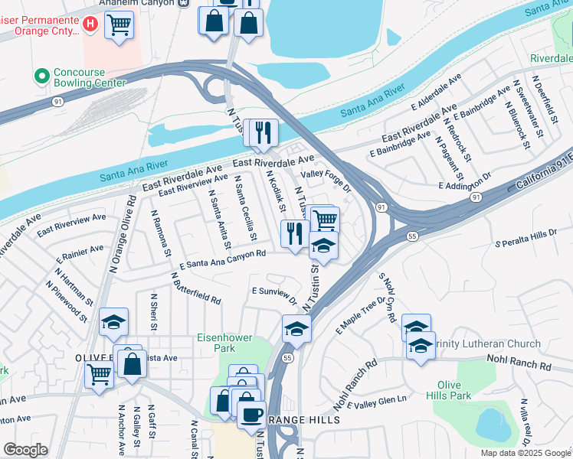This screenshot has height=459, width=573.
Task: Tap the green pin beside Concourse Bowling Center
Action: point(41,76)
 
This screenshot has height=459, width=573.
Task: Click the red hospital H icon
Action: point(90,25)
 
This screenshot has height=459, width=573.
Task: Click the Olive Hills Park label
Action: point(453,390)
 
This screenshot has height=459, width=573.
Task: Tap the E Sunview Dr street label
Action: point(274,294)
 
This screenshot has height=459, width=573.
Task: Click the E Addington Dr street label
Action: point(464,184)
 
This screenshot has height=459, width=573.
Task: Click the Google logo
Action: point(25,450)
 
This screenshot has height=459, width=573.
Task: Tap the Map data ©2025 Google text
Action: point(526,453)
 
